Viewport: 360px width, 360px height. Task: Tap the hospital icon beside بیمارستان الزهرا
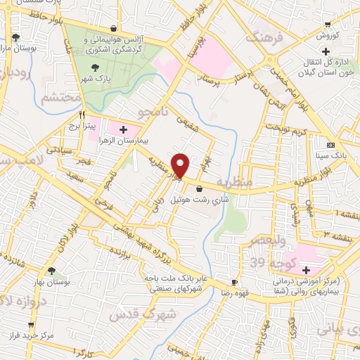124,129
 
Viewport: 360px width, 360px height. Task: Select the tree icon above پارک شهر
96,67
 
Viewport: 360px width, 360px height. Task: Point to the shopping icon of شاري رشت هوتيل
200,188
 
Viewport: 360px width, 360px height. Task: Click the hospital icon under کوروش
325,51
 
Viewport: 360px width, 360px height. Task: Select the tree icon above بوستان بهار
51,271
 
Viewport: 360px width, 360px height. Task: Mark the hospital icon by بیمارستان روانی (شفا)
306,271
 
